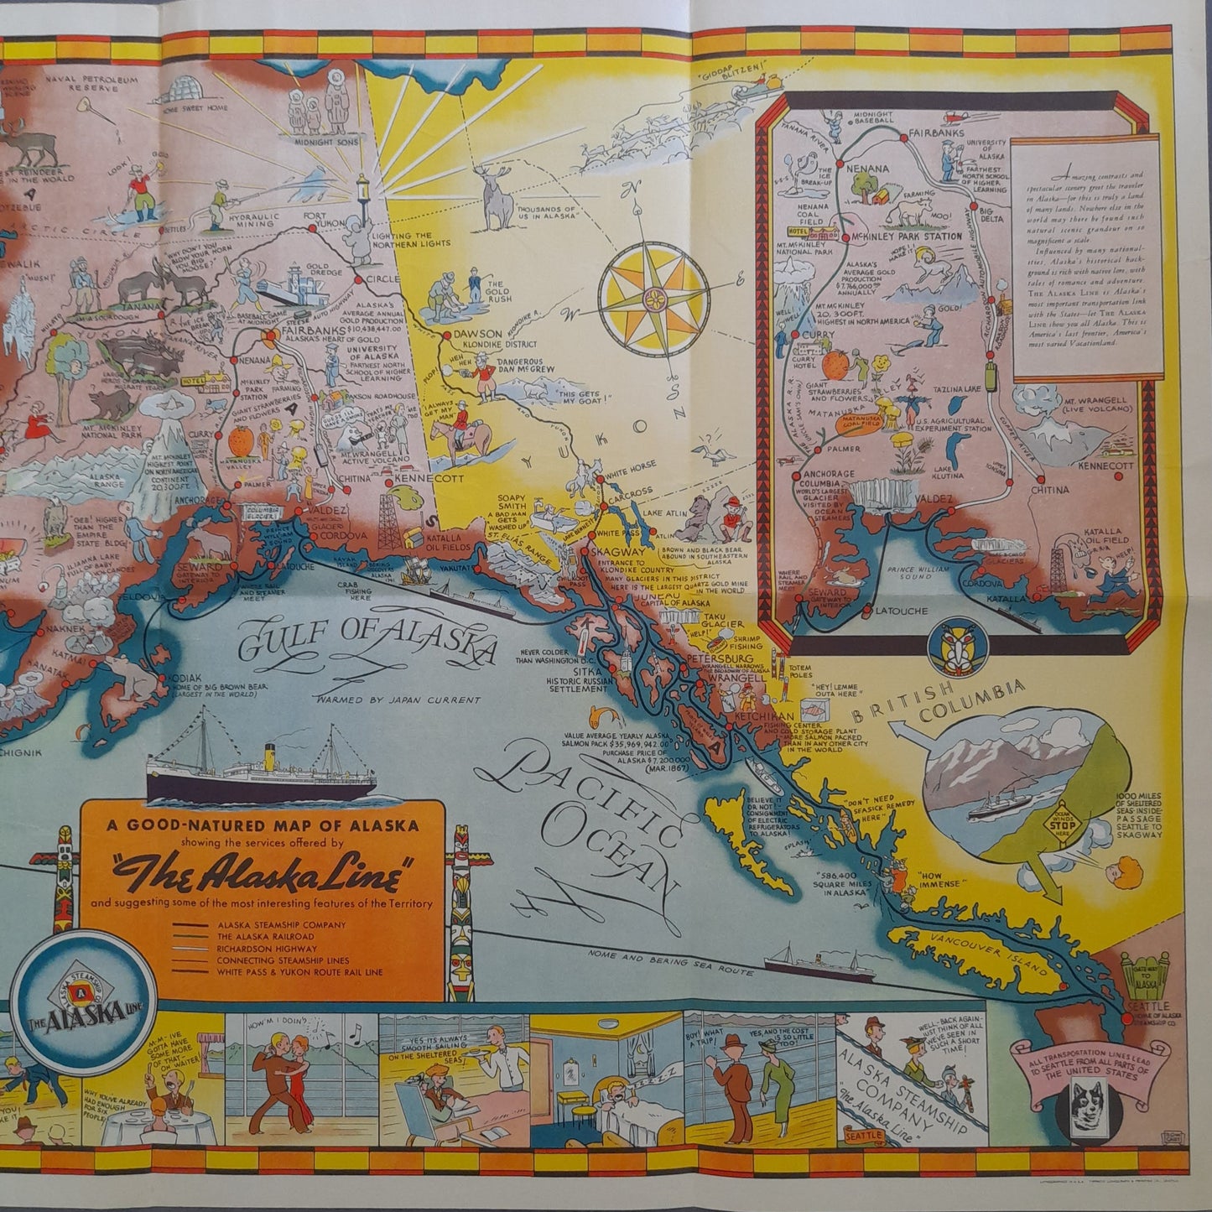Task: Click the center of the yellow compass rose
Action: [652, 298]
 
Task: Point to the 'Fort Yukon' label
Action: [321, 221]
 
